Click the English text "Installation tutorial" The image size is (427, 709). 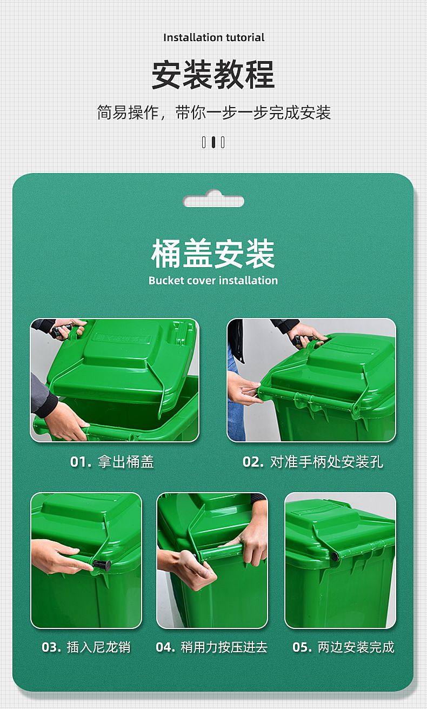coord(213,37)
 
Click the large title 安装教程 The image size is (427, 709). coord(213,75)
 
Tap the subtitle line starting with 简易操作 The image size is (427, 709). coord(213,112)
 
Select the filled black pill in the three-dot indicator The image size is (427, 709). coord(213,142)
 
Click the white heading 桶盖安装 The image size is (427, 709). coord(213,254)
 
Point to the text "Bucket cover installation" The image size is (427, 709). coord(213,281)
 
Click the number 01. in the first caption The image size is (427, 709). coord(81,462)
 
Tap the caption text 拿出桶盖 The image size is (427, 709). coord(126,462)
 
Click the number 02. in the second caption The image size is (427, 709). coord(253,462)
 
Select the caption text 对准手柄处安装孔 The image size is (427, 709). coord(326,462)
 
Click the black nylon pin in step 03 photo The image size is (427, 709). coord(102,566)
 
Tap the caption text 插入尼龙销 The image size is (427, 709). coord(99,647)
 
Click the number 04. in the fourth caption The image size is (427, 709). coord(165,647)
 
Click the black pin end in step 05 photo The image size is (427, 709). coord(335,556)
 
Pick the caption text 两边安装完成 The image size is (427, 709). coord(356,647)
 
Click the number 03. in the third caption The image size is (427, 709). coord(51,647)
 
